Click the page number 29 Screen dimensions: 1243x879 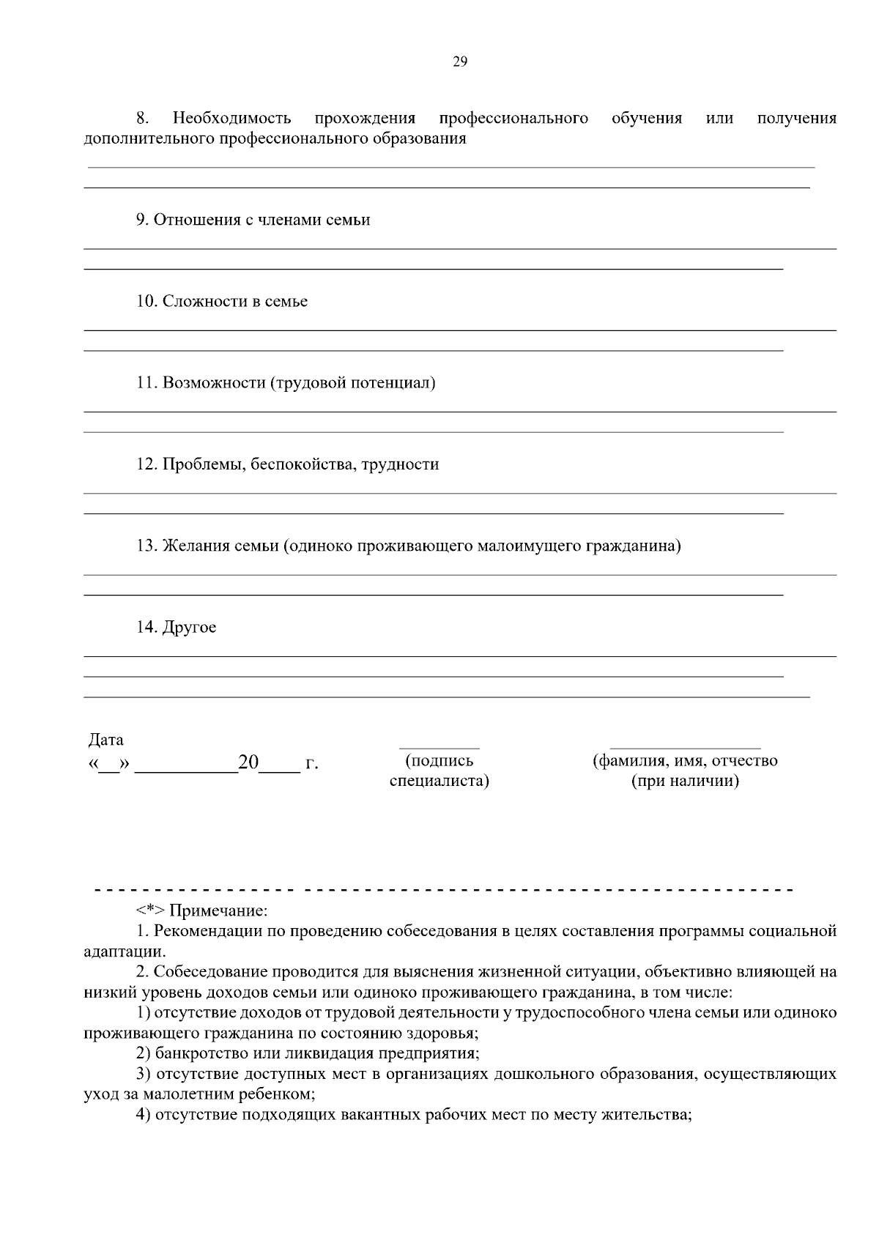point(459,62)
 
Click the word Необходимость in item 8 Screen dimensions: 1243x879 point(231,118)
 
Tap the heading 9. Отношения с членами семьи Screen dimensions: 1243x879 point(253,220)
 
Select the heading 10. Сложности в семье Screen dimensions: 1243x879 point(222,301)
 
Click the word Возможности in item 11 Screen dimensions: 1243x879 point(213,382)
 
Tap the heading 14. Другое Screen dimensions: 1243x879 point(177,628)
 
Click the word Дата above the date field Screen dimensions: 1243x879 point(106,740)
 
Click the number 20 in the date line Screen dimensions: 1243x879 point(249,763)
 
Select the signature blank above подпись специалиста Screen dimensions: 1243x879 point(439,746)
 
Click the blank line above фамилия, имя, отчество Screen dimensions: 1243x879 point(685,746)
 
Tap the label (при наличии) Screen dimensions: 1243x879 point(685,781)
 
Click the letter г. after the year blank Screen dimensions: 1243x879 point(311,764)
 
